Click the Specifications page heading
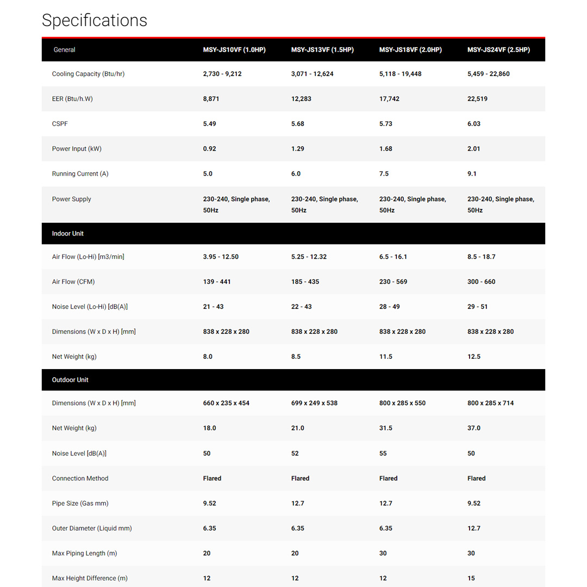click(x=95, y=20)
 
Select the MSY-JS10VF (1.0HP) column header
click(x=234, y=50)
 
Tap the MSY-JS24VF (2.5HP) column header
click(x=498, y=50)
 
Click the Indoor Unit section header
click(x=68, y=234)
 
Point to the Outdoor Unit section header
click(x=70, y=380)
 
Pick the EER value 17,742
click(x=389, y=99)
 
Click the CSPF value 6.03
click(x=474, y=124)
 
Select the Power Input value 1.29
click(x=298, y=149)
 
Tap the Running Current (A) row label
click(x=80, y=174)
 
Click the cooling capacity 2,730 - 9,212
click(x=222, y=74)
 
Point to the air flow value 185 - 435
click(x=305, y=282)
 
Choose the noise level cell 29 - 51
click(x=478, y=307)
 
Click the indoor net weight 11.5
click(x=386, y=357)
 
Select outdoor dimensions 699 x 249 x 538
click(x=314, y=403)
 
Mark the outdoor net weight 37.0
click(x=474, y=428)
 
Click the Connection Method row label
click(x=80, y=478)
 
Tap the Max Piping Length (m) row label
click(x=84, y=553)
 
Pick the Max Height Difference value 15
click(x=471, y=578)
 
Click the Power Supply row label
click(x=72, y=199)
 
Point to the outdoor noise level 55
click(x=383, y=453)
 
